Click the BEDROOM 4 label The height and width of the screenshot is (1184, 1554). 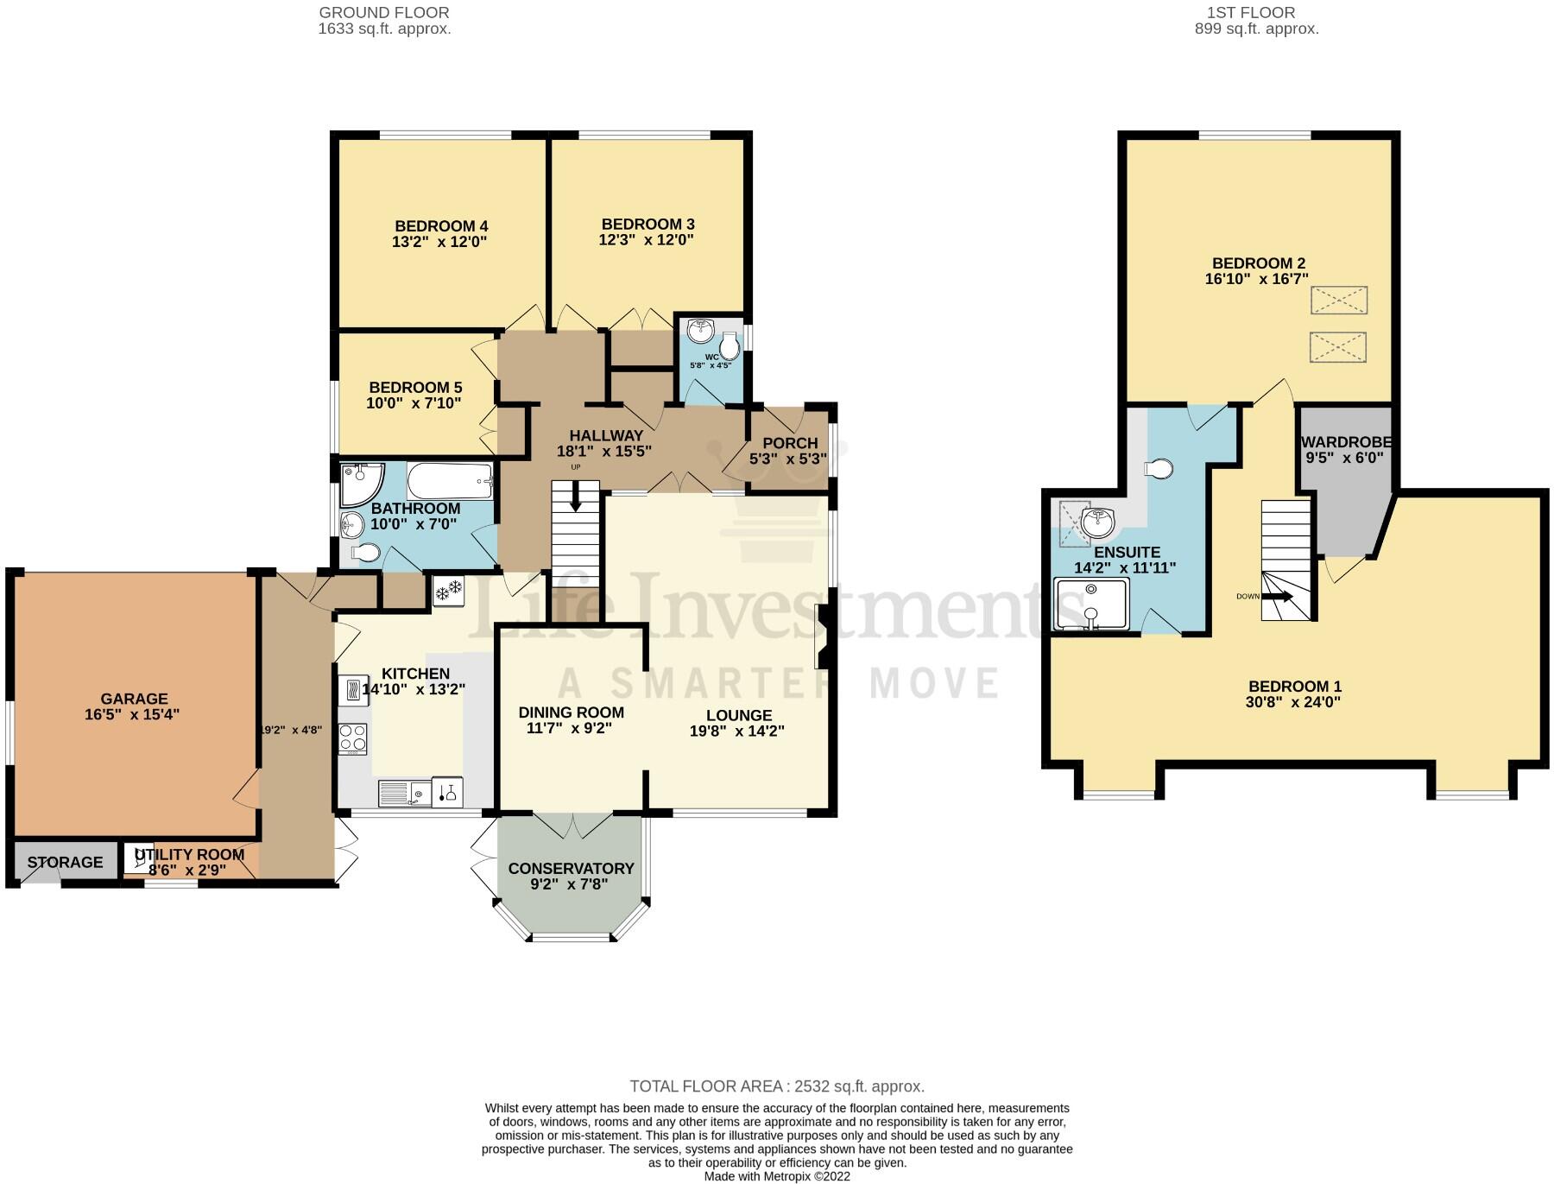(x=441, y=226)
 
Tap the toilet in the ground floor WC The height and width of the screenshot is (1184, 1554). (x=730, y=347)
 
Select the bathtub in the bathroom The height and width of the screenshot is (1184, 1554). (x=450, y=480)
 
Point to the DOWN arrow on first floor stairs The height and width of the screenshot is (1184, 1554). (x=1281, y=596)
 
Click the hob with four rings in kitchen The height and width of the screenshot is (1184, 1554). (x=352, y=738)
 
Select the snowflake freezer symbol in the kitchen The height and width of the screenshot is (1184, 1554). (x=448, y=592)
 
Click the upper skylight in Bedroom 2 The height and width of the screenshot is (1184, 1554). (x=1338, y=301)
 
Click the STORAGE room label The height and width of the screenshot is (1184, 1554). (x=65, y=862)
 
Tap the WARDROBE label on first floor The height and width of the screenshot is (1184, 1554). (x=1346, y=442)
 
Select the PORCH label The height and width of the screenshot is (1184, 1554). (x=790, y=443)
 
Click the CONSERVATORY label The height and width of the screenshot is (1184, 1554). (x=571, y=869)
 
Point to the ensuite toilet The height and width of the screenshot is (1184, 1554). (x=1158, y=469)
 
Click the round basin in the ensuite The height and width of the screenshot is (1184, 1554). (x=1099, y=521)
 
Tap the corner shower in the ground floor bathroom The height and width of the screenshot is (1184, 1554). (x=357, y=484)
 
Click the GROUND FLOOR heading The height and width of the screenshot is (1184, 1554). (x=384, y=13)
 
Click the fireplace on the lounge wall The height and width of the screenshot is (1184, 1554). (x=820, y=636)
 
